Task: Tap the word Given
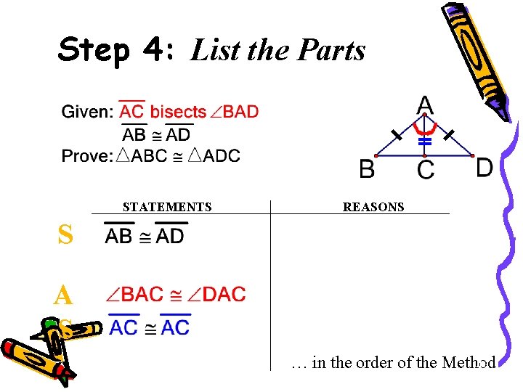[86, 112]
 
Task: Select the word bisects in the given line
[178, 112]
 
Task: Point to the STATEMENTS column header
[167, 208]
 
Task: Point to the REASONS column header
[373, 208]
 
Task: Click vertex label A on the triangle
[425, 105]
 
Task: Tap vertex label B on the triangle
[367, 170]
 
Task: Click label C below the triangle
[426, 171]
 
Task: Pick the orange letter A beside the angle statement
[63, 295]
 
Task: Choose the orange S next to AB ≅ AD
[65, 235]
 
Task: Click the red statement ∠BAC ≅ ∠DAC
[176, 295]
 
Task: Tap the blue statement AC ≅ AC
[150, 327]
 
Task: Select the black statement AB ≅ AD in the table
[145, 236]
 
